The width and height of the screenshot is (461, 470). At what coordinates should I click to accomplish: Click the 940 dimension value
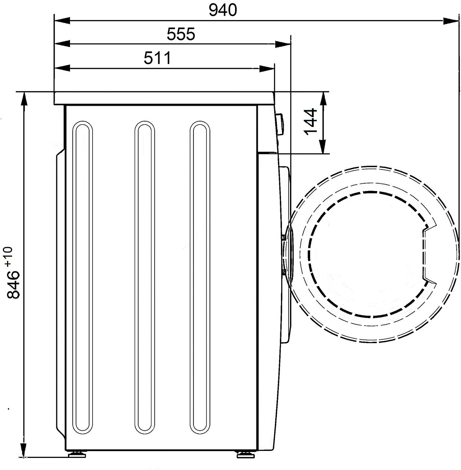tap(223, 10)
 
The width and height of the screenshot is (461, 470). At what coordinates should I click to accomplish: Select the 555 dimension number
tap(181, 34)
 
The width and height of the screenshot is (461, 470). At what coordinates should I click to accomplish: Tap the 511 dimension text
tap(157, 58)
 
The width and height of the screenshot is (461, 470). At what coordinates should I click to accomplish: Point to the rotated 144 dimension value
tap(310, 122)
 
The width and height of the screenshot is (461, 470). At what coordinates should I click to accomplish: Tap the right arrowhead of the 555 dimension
tap(283, 44)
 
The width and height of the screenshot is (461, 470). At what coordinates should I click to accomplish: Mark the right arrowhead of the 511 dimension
tap(267, 68)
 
